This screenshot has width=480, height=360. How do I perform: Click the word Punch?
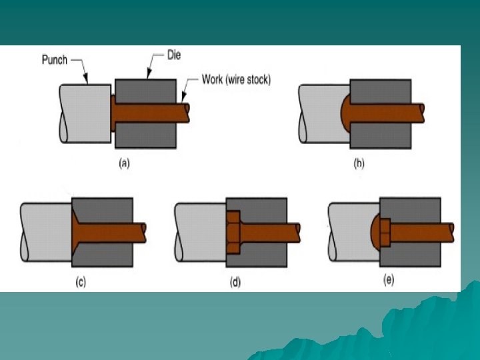tap(54, 59)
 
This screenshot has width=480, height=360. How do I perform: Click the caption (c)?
tap(80, 282)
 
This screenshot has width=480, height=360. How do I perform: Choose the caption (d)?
tap(235, 282)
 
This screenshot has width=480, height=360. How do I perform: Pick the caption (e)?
tap(388, 280)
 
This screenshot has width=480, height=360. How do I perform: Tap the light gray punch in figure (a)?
tap(83, 113)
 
